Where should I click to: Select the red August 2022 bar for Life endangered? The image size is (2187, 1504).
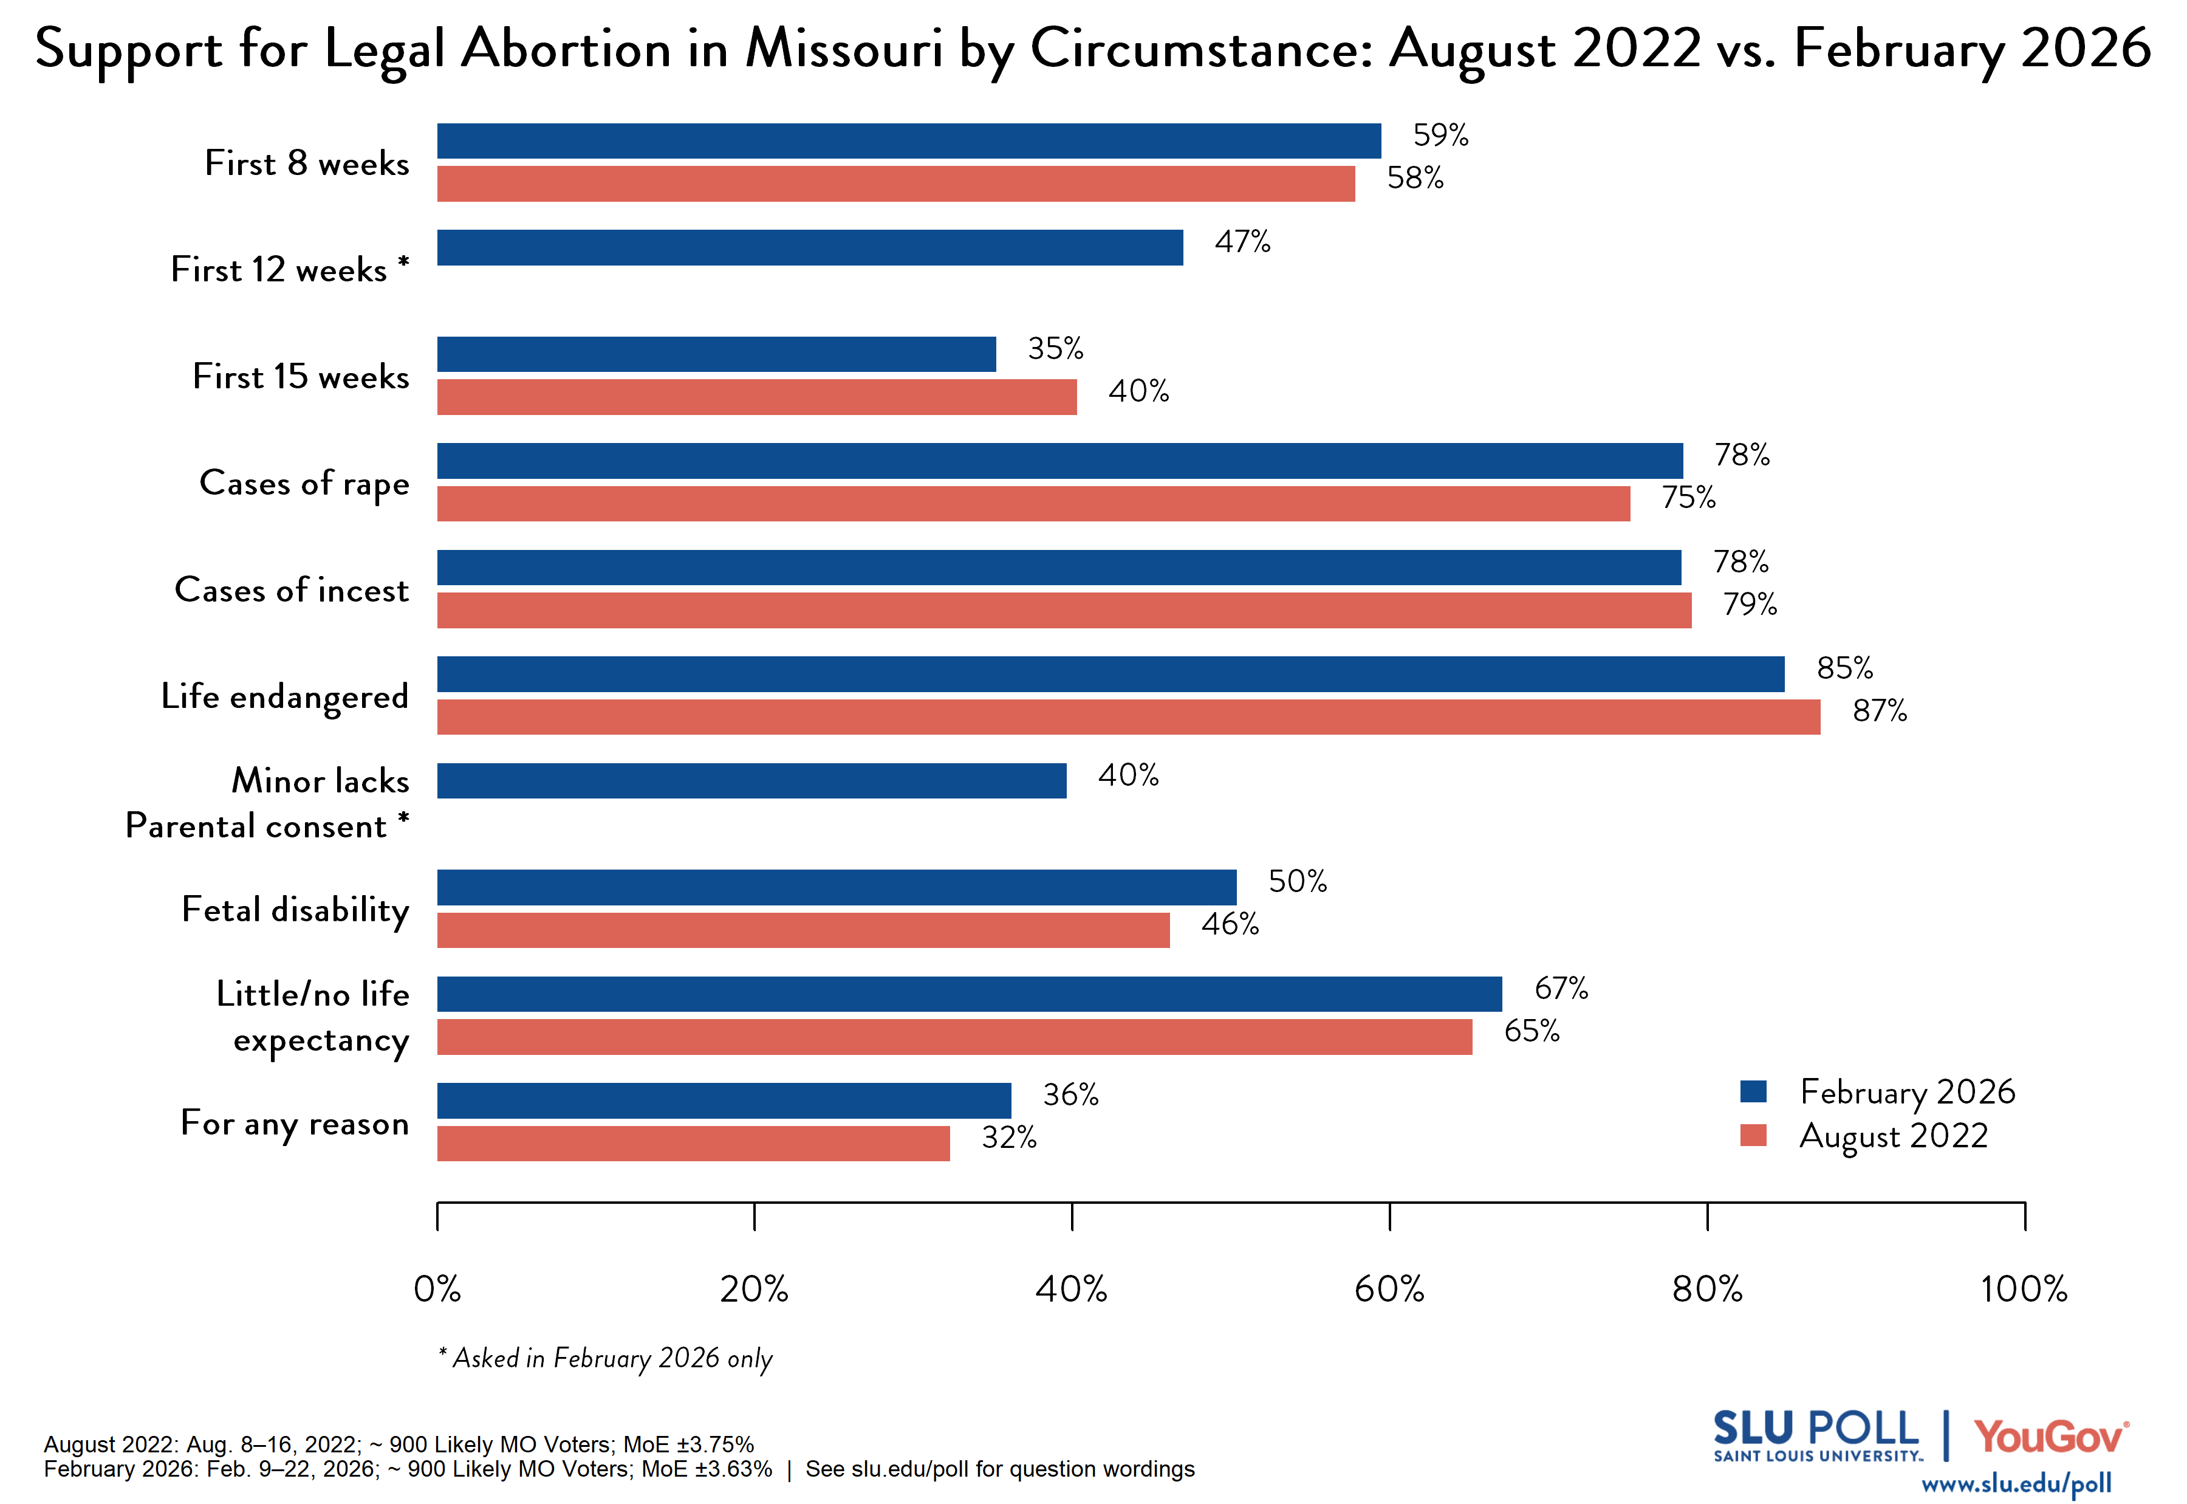click(1128, 717)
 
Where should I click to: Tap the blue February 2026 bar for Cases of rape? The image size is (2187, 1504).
click(1059, 461)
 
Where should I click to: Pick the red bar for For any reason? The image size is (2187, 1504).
click(693, 1143)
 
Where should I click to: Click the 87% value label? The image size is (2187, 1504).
click(1879, 710)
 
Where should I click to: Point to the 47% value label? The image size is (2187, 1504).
click(1242, 242)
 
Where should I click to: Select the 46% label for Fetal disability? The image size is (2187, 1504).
click(1229, 924)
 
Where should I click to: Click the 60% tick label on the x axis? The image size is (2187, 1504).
click(1389, 1288)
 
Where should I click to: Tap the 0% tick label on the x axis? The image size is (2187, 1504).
click(437, 1288)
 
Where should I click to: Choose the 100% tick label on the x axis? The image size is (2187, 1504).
click(2023, 1288)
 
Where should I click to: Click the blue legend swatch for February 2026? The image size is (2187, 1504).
click(1753, 1091)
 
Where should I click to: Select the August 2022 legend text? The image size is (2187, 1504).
click(1893, 1136)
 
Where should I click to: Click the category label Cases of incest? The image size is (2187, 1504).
click(292, 590)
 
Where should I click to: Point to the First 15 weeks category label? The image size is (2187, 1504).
click(301, 377)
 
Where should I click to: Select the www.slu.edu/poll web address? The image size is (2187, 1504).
click(2016, 1484)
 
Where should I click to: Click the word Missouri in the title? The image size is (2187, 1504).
click(844, 49)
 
